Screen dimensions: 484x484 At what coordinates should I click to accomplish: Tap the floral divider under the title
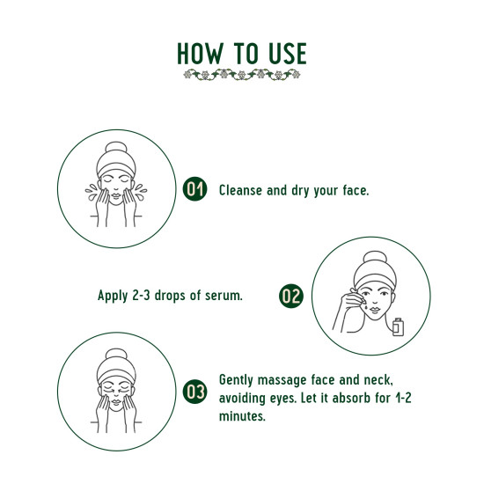click(x=242, y=75)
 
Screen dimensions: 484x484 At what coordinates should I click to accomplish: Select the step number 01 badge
click(x=195, y=189)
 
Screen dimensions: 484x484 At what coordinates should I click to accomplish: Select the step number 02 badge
click(x=290, y=295)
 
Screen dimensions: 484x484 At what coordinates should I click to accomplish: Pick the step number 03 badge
click(x=195, y=391)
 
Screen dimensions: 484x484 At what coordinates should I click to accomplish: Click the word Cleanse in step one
click(x=241, y=189)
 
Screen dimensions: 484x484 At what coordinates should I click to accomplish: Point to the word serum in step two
click(x=223, y=296)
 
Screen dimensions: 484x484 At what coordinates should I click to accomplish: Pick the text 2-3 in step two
click(x=143, y=296)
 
